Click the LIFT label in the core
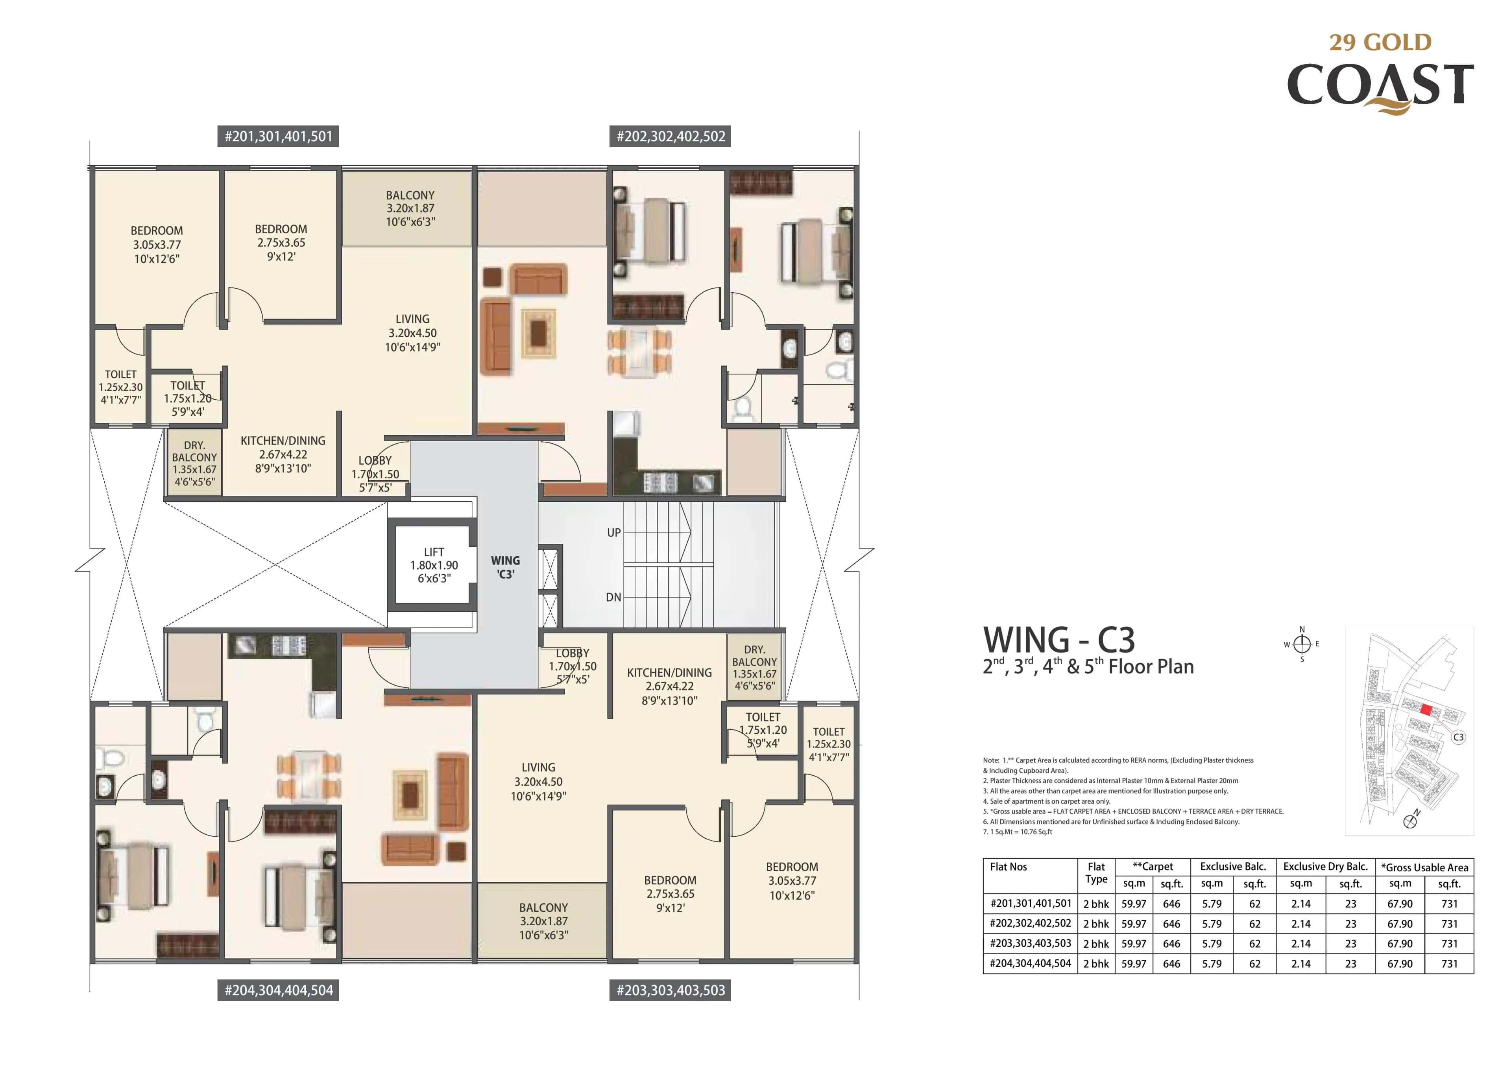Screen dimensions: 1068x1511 tap(434, 564)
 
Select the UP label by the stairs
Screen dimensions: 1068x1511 tap(613, 532)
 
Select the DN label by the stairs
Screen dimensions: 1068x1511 tap(613, 597)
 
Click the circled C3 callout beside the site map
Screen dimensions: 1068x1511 tap(1458, 737)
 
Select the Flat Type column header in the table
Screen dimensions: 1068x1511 tap(1096, 872)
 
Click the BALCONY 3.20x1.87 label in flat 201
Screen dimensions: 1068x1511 tap(410, 208)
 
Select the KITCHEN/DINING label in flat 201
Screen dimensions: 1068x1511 tap(283, 454)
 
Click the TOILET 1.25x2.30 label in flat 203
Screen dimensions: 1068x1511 tap(829, 743)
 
